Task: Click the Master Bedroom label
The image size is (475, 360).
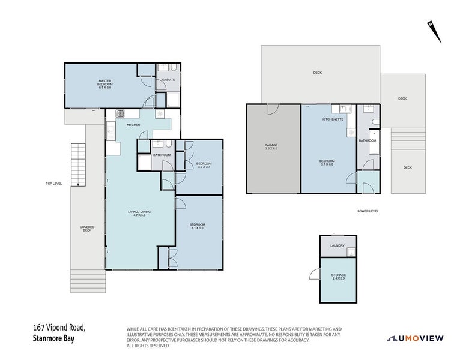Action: pyautogui.click(x=105, y=85)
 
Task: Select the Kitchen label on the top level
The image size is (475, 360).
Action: pyautogui.click(x=133, y=125)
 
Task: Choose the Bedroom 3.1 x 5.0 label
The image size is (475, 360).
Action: pyautogui.click(x=197, y=226)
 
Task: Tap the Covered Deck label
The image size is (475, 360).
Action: pyautogui.click(x=87, y=229)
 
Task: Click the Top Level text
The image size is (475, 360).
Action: pyautogui.click(x=53, y=184)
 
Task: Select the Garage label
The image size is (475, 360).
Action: pyautogui.click(x=271, y=147)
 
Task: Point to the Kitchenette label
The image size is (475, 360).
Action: pyautogui.click(x=332, y=120)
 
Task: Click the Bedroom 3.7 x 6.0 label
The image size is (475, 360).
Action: pyautogui.click(x=327, y=163)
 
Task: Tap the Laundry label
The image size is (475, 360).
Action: pyautogui.click(x=337, y=245)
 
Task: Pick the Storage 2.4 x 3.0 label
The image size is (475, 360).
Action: pyautogui.click(x=338, y=277)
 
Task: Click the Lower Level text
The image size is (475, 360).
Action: pyautogui.click(x=368, y=211)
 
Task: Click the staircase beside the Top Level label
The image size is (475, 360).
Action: pyautogui.click(x=76, y=164)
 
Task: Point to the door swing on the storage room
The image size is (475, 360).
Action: pyautogui.click(x=314, y=274)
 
